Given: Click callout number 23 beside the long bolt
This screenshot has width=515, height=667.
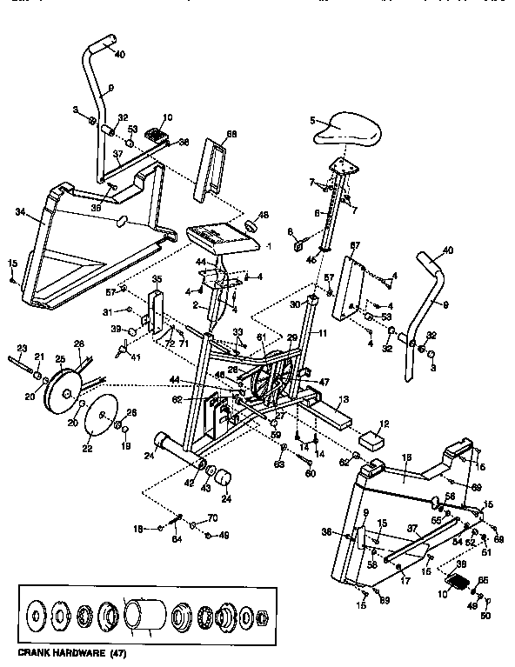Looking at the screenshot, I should pyautogui.click(x=22, y=348).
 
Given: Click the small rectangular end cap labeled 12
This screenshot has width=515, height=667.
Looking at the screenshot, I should pyautogui.click(x=373, y=437).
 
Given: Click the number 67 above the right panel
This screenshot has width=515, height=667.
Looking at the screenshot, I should pyautogui.click(x=354, y=246).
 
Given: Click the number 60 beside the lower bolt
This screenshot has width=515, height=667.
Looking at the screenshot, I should pyautogui.click(x=310, y=474).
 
